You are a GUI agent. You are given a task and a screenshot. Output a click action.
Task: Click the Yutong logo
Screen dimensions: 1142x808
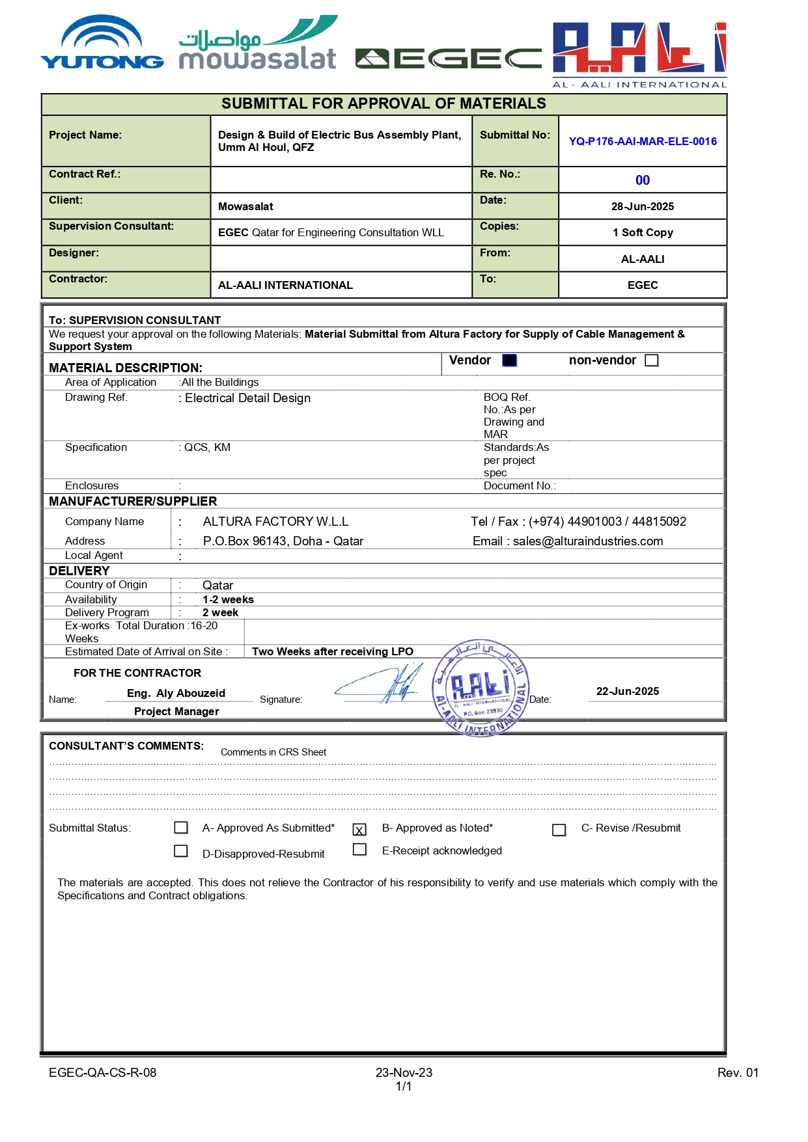point(102,44)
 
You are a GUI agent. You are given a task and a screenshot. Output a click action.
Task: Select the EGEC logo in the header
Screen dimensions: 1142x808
point(449,59)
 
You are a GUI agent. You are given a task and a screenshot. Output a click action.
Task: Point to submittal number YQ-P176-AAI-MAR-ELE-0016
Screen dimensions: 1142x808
point(643,141)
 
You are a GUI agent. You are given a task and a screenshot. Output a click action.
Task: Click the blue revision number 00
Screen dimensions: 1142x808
point(643,180)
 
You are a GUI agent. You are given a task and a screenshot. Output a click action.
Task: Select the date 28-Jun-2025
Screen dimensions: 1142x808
point(643,206)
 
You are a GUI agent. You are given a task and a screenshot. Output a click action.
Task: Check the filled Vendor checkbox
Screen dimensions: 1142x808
point(510,360)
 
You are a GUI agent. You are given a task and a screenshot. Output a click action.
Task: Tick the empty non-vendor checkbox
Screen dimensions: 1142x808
point(652,360)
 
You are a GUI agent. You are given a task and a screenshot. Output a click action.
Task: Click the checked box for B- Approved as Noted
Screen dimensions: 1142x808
point(359,830)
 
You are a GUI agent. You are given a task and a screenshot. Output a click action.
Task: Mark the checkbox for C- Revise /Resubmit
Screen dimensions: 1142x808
point(559,830)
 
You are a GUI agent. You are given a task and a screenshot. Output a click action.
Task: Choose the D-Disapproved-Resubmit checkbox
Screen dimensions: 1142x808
point(181,851)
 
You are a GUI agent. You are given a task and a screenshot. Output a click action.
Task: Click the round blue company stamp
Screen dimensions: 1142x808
point(481,688)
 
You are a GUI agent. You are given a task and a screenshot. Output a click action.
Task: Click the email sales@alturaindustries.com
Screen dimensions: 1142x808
point(587,541)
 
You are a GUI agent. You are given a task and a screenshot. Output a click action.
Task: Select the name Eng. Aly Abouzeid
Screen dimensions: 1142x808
point(176,693)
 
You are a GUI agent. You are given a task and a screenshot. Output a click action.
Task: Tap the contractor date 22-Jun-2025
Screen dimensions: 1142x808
point(628,691)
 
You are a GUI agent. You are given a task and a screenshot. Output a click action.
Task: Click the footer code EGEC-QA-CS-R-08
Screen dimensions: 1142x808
point(102,1073)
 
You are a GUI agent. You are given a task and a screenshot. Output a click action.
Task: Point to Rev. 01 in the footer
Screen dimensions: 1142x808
point(738,1073)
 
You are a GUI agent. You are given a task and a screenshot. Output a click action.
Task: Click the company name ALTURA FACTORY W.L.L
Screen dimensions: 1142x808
point(275,522)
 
